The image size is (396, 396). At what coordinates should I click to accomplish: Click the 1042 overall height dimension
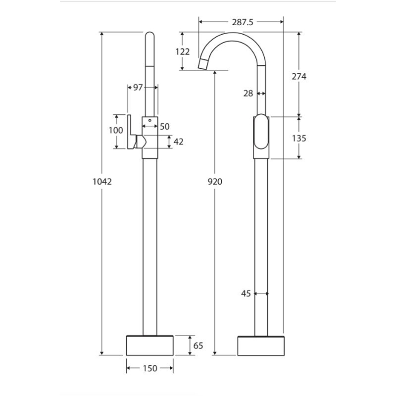click(102, 181)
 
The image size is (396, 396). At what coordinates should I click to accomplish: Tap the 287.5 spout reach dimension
click(243, 22)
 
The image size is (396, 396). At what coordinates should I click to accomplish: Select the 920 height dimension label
click(215, 181)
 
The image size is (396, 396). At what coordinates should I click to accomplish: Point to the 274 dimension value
click(299, 76)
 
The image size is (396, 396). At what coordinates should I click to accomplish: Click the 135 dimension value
click(299, 138)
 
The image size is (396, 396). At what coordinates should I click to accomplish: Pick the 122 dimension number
click(183, 51)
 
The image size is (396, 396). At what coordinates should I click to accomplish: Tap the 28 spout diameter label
click(248, 94)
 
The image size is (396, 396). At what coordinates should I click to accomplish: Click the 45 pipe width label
click(246, 294)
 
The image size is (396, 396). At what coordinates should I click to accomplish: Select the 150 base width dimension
click(150, 368)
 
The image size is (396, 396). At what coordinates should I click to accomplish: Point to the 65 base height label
click(198, 345)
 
